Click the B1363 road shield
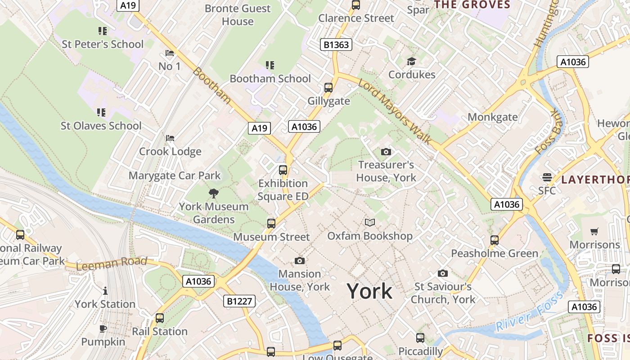[x=336, y=45]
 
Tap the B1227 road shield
[x=239, y=301]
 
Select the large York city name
[x=369, y=291]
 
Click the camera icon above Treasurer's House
[x=386, y=152]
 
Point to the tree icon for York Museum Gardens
[x=214, y=193]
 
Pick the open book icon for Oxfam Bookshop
[x=369, y=222]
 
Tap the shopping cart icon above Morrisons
[x=594, y=232]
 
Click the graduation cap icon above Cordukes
[x=411, y=61]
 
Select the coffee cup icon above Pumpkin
[x=103, y=328]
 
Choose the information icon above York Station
[x=105, y=291]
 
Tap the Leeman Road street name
[x=112, y=264]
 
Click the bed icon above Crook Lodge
[x=170, y=138]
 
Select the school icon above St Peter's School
[x=103, y=31]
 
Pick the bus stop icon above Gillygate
[x=328, y=88]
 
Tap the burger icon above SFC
[x=547, y=177]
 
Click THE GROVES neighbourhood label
[x=472, y=5]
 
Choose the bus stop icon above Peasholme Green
[x=495, y=240]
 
